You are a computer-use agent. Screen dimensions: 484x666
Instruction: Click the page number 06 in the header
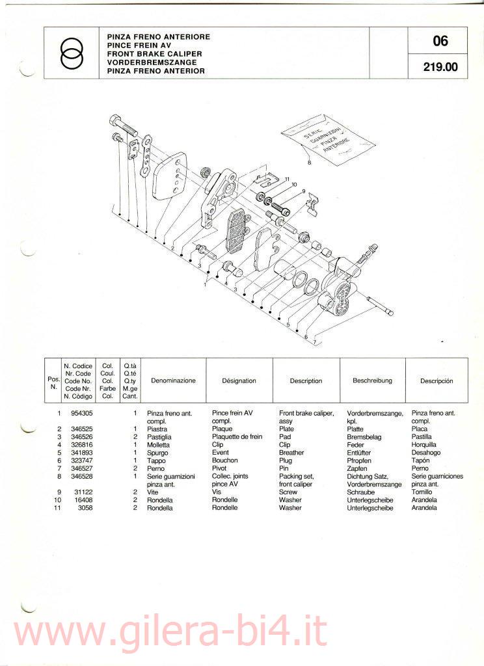(x=440, y=41)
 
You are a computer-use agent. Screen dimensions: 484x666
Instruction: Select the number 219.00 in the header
(x=440, y=67)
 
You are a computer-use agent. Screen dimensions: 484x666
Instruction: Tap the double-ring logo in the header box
(x=72, y=53)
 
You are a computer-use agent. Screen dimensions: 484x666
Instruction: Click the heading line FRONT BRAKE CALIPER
(x=155, y=54)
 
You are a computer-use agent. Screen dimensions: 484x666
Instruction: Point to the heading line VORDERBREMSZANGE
(x=152, y=62)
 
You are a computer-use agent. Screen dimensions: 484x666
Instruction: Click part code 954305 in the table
(x=81, y=413)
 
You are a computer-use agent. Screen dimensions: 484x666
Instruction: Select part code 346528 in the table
(x=81, y=476)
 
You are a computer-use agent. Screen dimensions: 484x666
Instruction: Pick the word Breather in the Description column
(x=291, y=453)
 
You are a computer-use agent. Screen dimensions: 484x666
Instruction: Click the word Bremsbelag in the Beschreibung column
(x=364, y=437)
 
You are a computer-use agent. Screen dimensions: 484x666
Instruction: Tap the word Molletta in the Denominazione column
(x=158, y=445)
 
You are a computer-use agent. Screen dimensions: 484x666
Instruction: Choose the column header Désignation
(x=239, y=381)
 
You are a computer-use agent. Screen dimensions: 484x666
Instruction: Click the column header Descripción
(x=437, y=381)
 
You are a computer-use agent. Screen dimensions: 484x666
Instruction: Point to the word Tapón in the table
(x=420, y=460)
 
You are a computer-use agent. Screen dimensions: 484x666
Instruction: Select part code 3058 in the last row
(x=85, y=507)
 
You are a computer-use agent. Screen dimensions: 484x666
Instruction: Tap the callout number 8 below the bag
(x=310, y=162)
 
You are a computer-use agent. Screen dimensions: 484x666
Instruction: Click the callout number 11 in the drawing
(x=288, y=179)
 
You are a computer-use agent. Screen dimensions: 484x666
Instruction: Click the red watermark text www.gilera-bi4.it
(x=169, y=632)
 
